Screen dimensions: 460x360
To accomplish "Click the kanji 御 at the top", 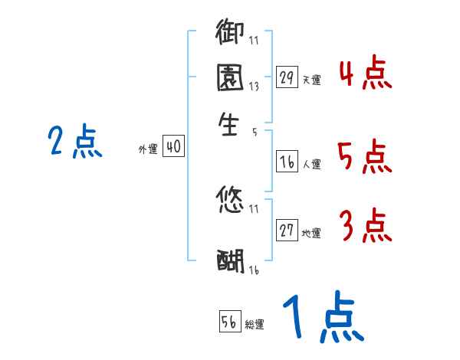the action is (229, 34).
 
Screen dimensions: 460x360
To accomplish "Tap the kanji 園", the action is (229, 79).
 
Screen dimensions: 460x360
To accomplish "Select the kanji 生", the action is (229, 124).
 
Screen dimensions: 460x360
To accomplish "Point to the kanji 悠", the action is (229, 201).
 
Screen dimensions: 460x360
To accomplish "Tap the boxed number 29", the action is (287, 77).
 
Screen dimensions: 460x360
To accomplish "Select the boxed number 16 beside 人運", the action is (287, 162).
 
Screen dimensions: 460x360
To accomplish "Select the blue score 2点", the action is (75, 142).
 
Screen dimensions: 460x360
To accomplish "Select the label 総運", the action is (255, 325).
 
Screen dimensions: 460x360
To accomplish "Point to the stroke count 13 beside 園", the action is (254, 87).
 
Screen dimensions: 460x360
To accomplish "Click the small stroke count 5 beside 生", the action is (254, 132).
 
